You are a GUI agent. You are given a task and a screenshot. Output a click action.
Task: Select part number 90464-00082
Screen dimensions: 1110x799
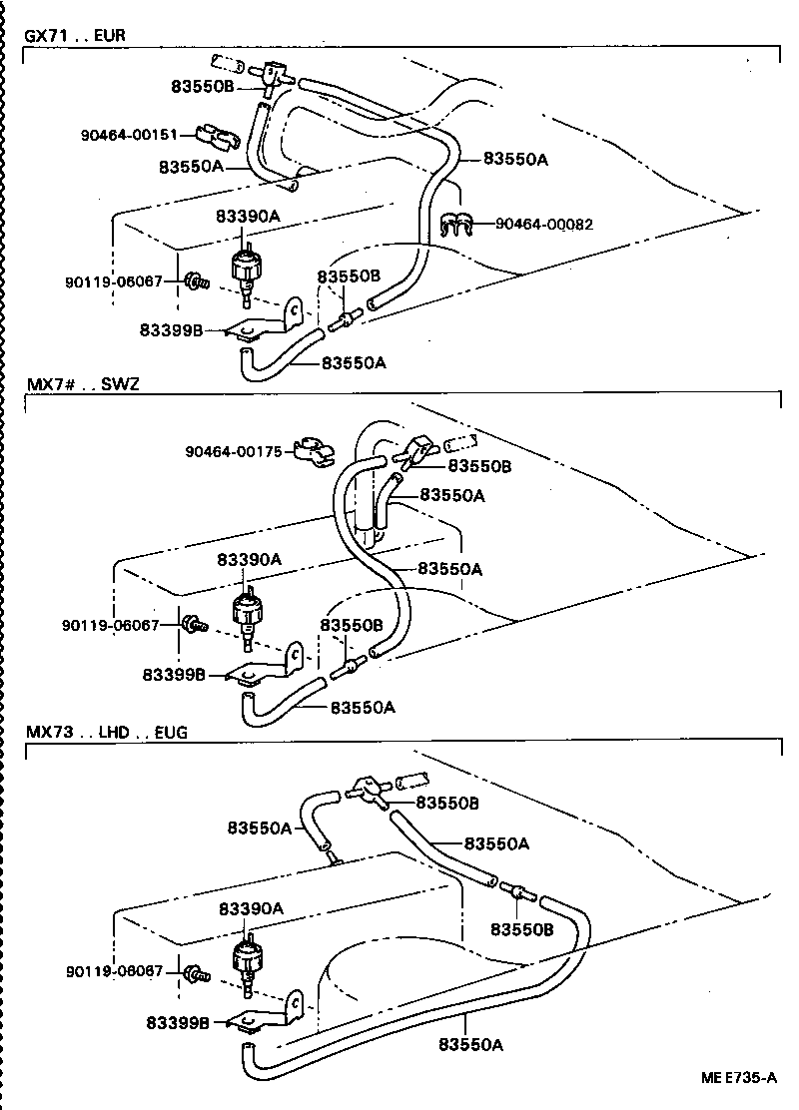click(544, 225)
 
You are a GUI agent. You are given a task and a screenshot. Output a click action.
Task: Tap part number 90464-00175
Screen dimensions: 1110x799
click(233, 451)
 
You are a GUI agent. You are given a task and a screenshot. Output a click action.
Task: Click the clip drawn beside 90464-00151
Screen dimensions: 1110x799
click(212, 133)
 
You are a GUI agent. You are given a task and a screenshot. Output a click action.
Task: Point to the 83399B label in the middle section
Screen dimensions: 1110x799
click(174, 675)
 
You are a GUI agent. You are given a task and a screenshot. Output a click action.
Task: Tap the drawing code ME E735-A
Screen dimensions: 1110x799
click(737, 1079)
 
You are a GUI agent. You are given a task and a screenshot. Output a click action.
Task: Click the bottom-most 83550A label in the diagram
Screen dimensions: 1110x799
click(469, 1044)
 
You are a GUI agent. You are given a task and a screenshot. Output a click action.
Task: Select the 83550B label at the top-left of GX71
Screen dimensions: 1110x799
click(202, 87)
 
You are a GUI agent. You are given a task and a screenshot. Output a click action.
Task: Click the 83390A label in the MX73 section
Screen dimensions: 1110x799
click(249, 909)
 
